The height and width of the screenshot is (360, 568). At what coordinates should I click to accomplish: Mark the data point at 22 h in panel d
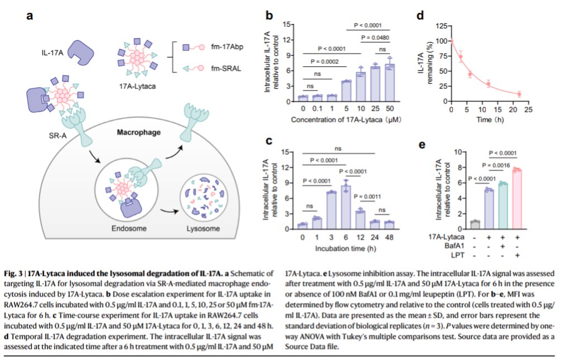(x=519, y=94)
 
